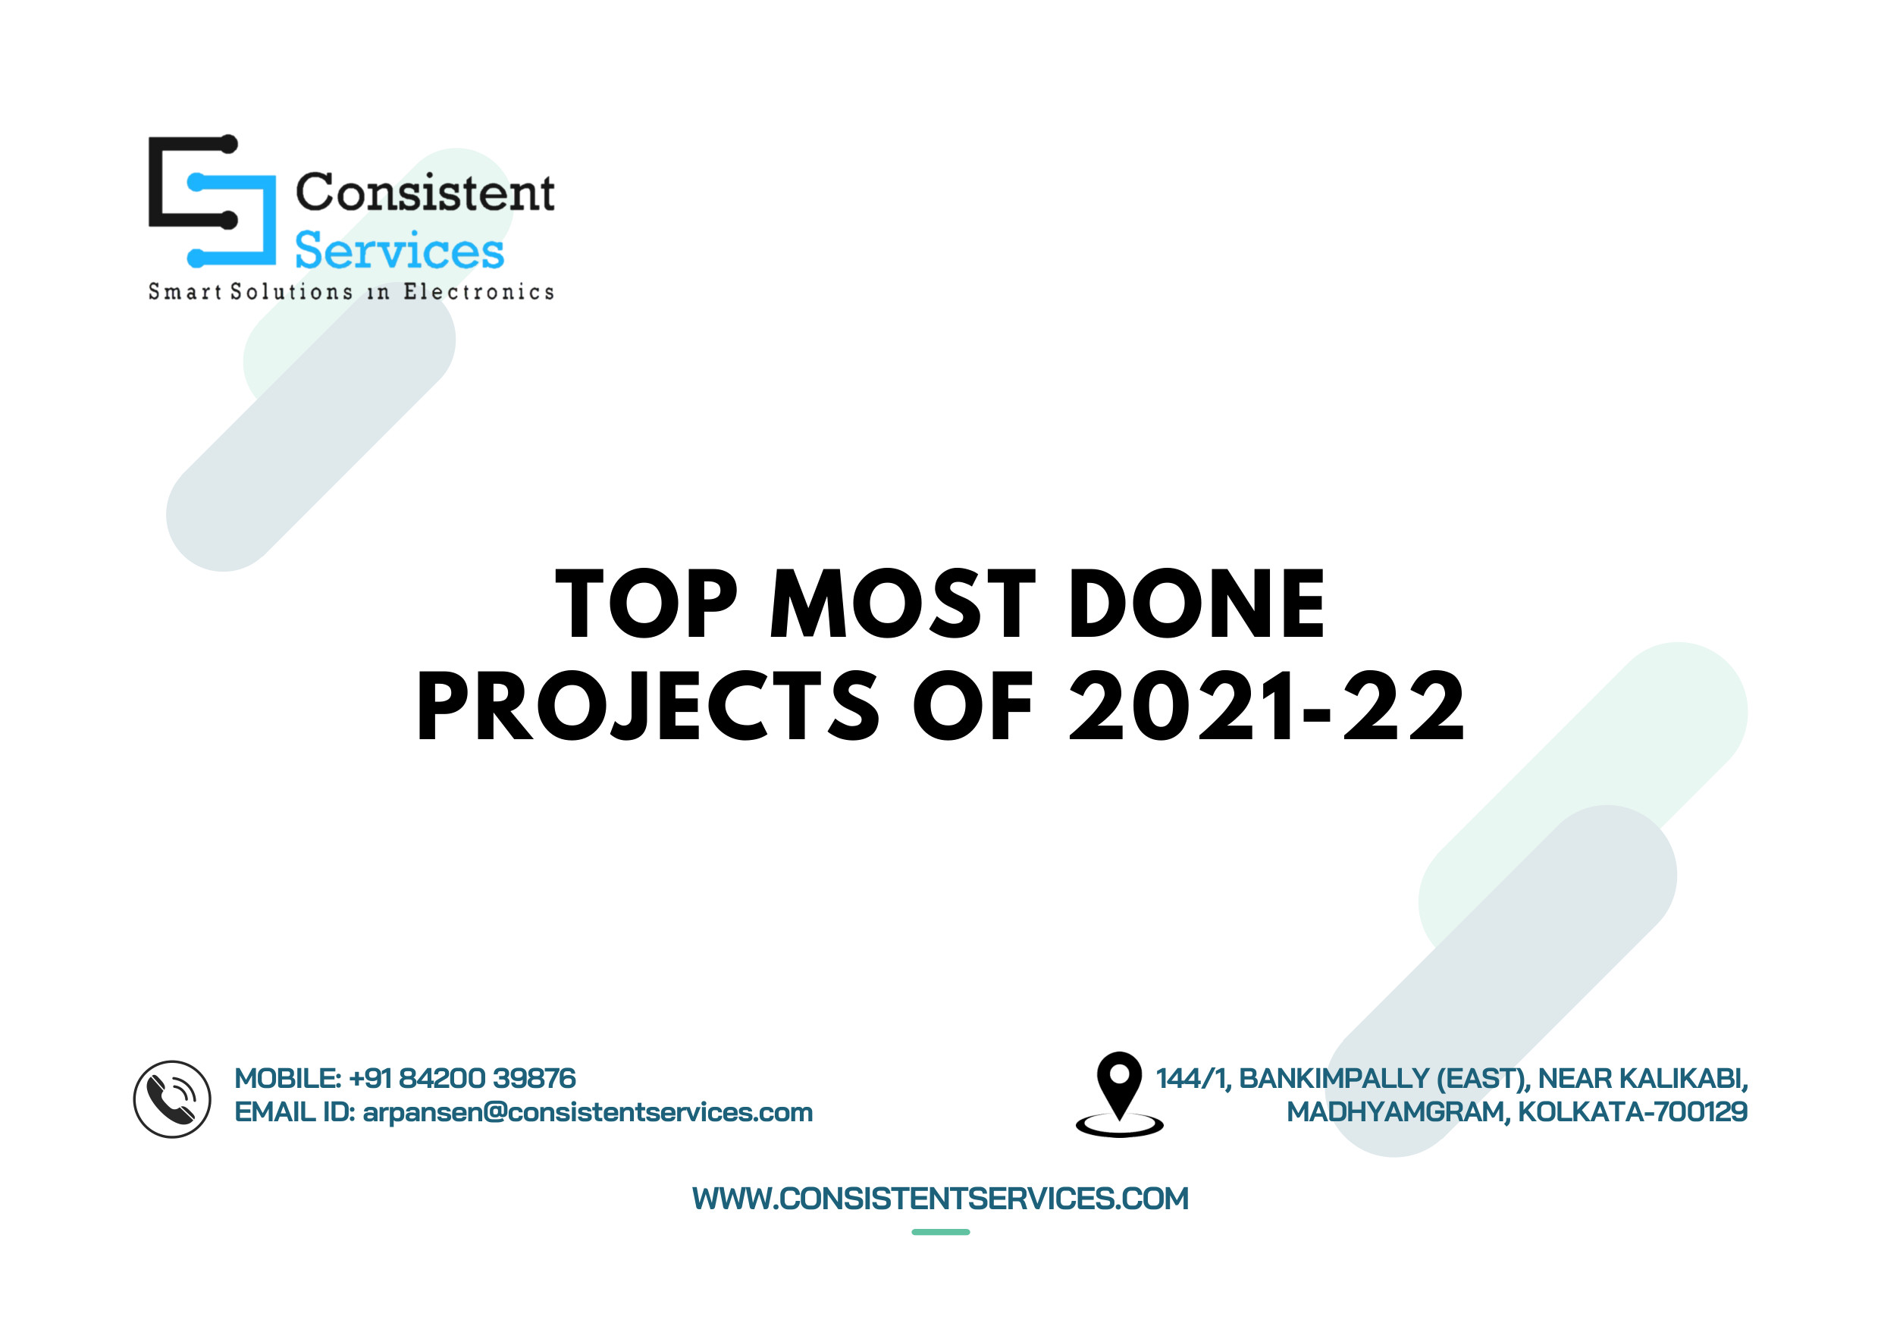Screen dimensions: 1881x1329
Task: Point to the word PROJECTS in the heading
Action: point(648,706)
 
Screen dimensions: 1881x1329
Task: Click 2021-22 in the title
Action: point(1267,706)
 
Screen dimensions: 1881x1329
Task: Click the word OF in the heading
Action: point(973,706)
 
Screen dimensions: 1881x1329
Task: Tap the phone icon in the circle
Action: point(172,1099)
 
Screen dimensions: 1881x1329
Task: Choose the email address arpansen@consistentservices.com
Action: point(588,1112)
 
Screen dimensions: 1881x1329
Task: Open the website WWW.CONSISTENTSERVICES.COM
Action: point(940,1199)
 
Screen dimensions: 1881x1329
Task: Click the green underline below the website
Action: point(940,1231)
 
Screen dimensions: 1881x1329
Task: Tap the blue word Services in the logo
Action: point(399,250)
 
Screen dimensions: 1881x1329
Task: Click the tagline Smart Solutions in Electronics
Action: point(350,292)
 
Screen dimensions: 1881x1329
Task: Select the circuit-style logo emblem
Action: point(212,201)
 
